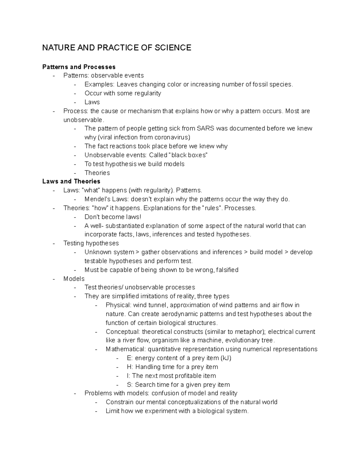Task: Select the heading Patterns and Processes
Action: (x=79, y=67)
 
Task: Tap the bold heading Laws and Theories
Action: (x=71, y=181)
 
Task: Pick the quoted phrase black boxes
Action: (x=188, y=155)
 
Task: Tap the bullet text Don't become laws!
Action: (x=112, y=217)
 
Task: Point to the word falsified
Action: (x=227, y=270)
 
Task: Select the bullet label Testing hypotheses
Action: (x=91, y=243)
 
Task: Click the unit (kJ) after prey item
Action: (x=226, y=358)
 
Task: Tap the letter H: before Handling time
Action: (x=130, y=367)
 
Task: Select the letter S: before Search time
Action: (x=130, y=385)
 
